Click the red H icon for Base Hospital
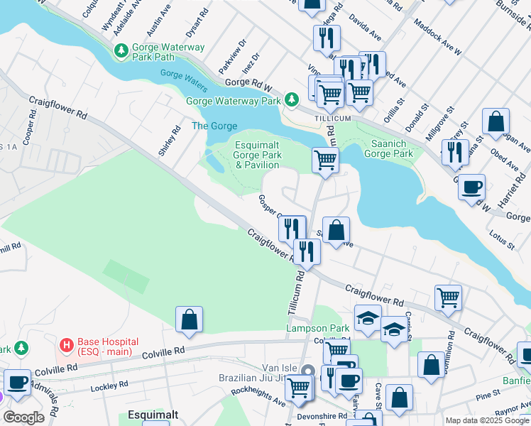pos(67,345)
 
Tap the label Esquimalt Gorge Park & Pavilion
pos(257,155)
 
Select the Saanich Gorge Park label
pos(388,148)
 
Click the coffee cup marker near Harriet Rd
pos(471,188)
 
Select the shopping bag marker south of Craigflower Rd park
pos(189,320)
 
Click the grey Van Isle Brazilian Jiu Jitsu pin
pos(307,371)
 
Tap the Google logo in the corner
pos(23,417)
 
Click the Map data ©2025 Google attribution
pos(487,420)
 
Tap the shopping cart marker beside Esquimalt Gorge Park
pos(325,160)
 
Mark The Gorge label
pos(214,126)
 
